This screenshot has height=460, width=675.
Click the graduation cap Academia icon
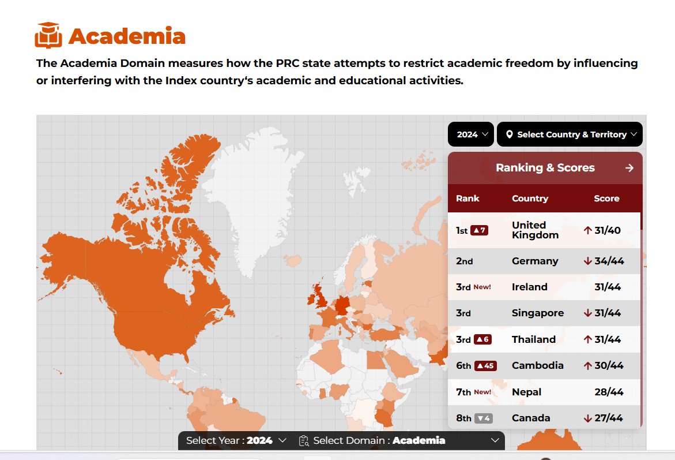pos(48,35)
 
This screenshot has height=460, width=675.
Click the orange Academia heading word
pos(127,36)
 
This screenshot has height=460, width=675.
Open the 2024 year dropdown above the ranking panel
pos(471,134)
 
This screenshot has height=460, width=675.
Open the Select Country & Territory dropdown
pos(570,134)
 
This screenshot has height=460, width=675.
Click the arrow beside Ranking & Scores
pos(629,168)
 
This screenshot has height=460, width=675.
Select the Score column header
pos(606,199)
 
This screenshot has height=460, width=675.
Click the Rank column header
pos(467,199)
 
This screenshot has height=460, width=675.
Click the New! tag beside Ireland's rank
pos(482,287)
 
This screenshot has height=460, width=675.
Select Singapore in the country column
pos(537,313)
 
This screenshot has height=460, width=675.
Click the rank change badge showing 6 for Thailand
pos(482,339)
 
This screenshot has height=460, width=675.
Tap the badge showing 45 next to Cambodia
pos(485,365)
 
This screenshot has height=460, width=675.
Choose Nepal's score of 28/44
pos(609,392)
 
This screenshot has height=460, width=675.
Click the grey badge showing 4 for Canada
pos(483,418)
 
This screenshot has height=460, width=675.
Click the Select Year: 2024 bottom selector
pos(236,440)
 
